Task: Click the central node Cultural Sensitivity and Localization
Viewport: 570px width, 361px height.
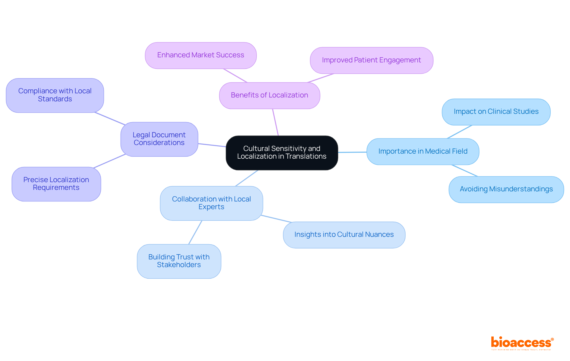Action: click(282, 152)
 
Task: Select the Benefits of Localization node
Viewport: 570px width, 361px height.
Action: click(269, 95)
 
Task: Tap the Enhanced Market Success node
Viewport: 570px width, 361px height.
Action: click(201, 55)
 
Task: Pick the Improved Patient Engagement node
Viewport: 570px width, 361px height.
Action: click(371, 60)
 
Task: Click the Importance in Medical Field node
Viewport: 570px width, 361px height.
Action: click(423, 152)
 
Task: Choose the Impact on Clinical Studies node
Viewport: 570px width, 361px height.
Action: click(496, 112)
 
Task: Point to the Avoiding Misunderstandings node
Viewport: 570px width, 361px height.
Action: click(506, 189)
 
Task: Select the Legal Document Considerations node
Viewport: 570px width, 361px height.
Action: click(159, 139)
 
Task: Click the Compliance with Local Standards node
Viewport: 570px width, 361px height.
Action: click(55, 95)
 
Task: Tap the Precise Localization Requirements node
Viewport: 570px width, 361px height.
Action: click(56, 184)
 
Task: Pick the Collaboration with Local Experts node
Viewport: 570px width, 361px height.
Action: click(211, 203)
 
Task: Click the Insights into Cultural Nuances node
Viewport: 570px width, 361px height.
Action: click(344, 235)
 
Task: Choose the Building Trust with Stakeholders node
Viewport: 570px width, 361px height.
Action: click(179, 261)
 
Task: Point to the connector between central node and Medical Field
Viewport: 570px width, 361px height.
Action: click(352, 152)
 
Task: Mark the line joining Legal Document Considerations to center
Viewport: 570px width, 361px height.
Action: click(212, 145)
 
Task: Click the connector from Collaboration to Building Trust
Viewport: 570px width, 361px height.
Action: click(195, 232)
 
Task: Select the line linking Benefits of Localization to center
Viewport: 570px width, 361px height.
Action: click(275, 122)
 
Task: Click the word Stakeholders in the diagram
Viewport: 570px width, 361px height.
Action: click(179, 265)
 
